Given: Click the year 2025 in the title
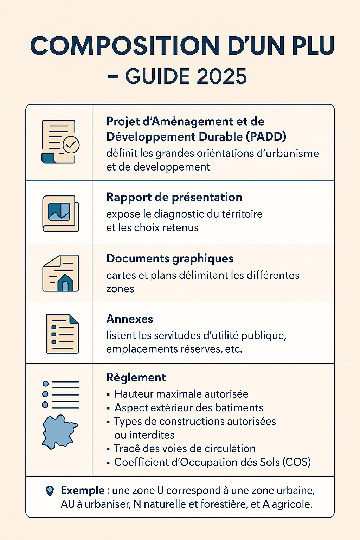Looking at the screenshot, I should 221,76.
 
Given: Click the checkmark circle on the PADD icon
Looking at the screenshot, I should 71,144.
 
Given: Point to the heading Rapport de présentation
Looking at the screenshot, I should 174,197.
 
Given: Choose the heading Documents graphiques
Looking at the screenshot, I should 170,258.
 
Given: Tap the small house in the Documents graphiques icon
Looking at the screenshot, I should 65,282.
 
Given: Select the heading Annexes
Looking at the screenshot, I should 130,319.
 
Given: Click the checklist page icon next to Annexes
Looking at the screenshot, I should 62,334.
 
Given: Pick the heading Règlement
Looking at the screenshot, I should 136,378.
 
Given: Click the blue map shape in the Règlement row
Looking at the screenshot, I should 59,432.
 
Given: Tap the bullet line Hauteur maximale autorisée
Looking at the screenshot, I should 181,394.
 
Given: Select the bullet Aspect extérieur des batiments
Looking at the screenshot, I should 189,408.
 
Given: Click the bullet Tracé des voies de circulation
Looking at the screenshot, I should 185,449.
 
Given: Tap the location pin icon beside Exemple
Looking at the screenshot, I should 50,491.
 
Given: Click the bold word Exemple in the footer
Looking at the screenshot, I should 83,490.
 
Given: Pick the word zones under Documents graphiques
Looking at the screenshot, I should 120,289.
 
